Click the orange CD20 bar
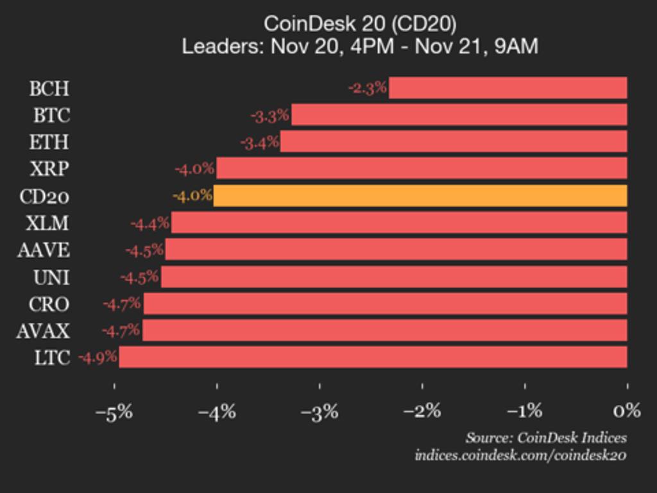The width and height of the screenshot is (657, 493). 420,196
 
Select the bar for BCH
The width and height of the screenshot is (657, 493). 508,88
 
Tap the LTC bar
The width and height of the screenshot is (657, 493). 373,357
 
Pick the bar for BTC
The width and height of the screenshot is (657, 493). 459,115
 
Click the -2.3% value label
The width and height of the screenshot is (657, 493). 368,88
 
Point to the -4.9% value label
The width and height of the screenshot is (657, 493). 98,357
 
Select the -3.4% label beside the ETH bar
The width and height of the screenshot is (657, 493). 260,142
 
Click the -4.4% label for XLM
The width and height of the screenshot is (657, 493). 150,223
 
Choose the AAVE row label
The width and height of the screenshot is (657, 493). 44,250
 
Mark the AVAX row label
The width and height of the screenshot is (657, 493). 44,331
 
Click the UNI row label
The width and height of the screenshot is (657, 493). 51,277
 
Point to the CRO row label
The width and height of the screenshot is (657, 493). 49,304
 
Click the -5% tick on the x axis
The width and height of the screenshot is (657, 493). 114,411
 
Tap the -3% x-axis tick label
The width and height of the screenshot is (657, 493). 320,411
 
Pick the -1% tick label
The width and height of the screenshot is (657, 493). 525,411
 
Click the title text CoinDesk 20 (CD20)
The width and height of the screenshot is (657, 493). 360,24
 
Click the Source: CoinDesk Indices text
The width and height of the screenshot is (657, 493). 546,438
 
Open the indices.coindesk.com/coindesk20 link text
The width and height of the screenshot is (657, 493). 520,455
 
